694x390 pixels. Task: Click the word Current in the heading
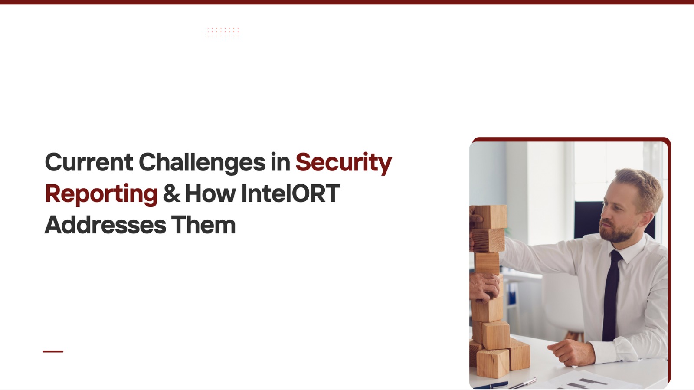coord(89,162)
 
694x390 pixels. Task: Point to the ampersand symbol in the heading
coord(171,193)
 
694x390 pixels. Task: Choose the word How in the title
coord(210,193)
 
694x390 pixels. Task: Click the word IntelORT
coord(291,193)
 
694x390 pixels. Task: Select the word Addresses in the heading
coord(105,225)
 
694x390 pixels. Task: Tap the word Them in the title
coord(203,225)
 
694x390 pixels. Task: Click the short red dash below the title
coord(53,351)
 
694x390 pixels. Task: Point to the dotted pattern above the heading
coord(223,32)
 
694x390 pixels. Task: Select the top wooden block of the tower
coord(490,217)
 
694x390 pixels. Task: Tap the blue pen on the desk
coord(491,386)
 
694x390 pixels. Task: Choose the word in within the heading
coord(280,162)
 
